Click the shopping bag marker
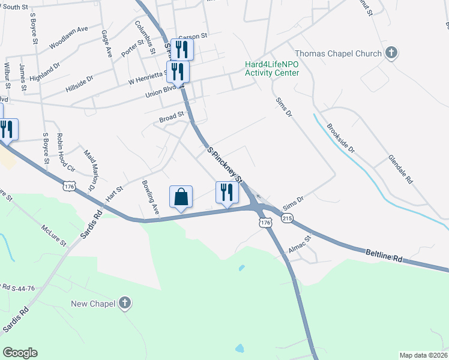[x=181, y=197]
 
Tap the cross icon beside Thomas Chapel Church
[x=391, y=53]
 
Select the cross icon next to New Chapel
[x=125, y=304]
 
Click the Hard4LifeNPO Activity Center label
[x=271, y=68]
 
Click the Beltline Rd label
[x=384, y=257]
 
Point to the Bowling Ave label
[x=149, y=198]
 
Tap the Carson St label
[x=191, y=35]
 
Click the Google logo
[x=20, y=353]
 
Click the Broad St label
[x=171, y=120]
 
